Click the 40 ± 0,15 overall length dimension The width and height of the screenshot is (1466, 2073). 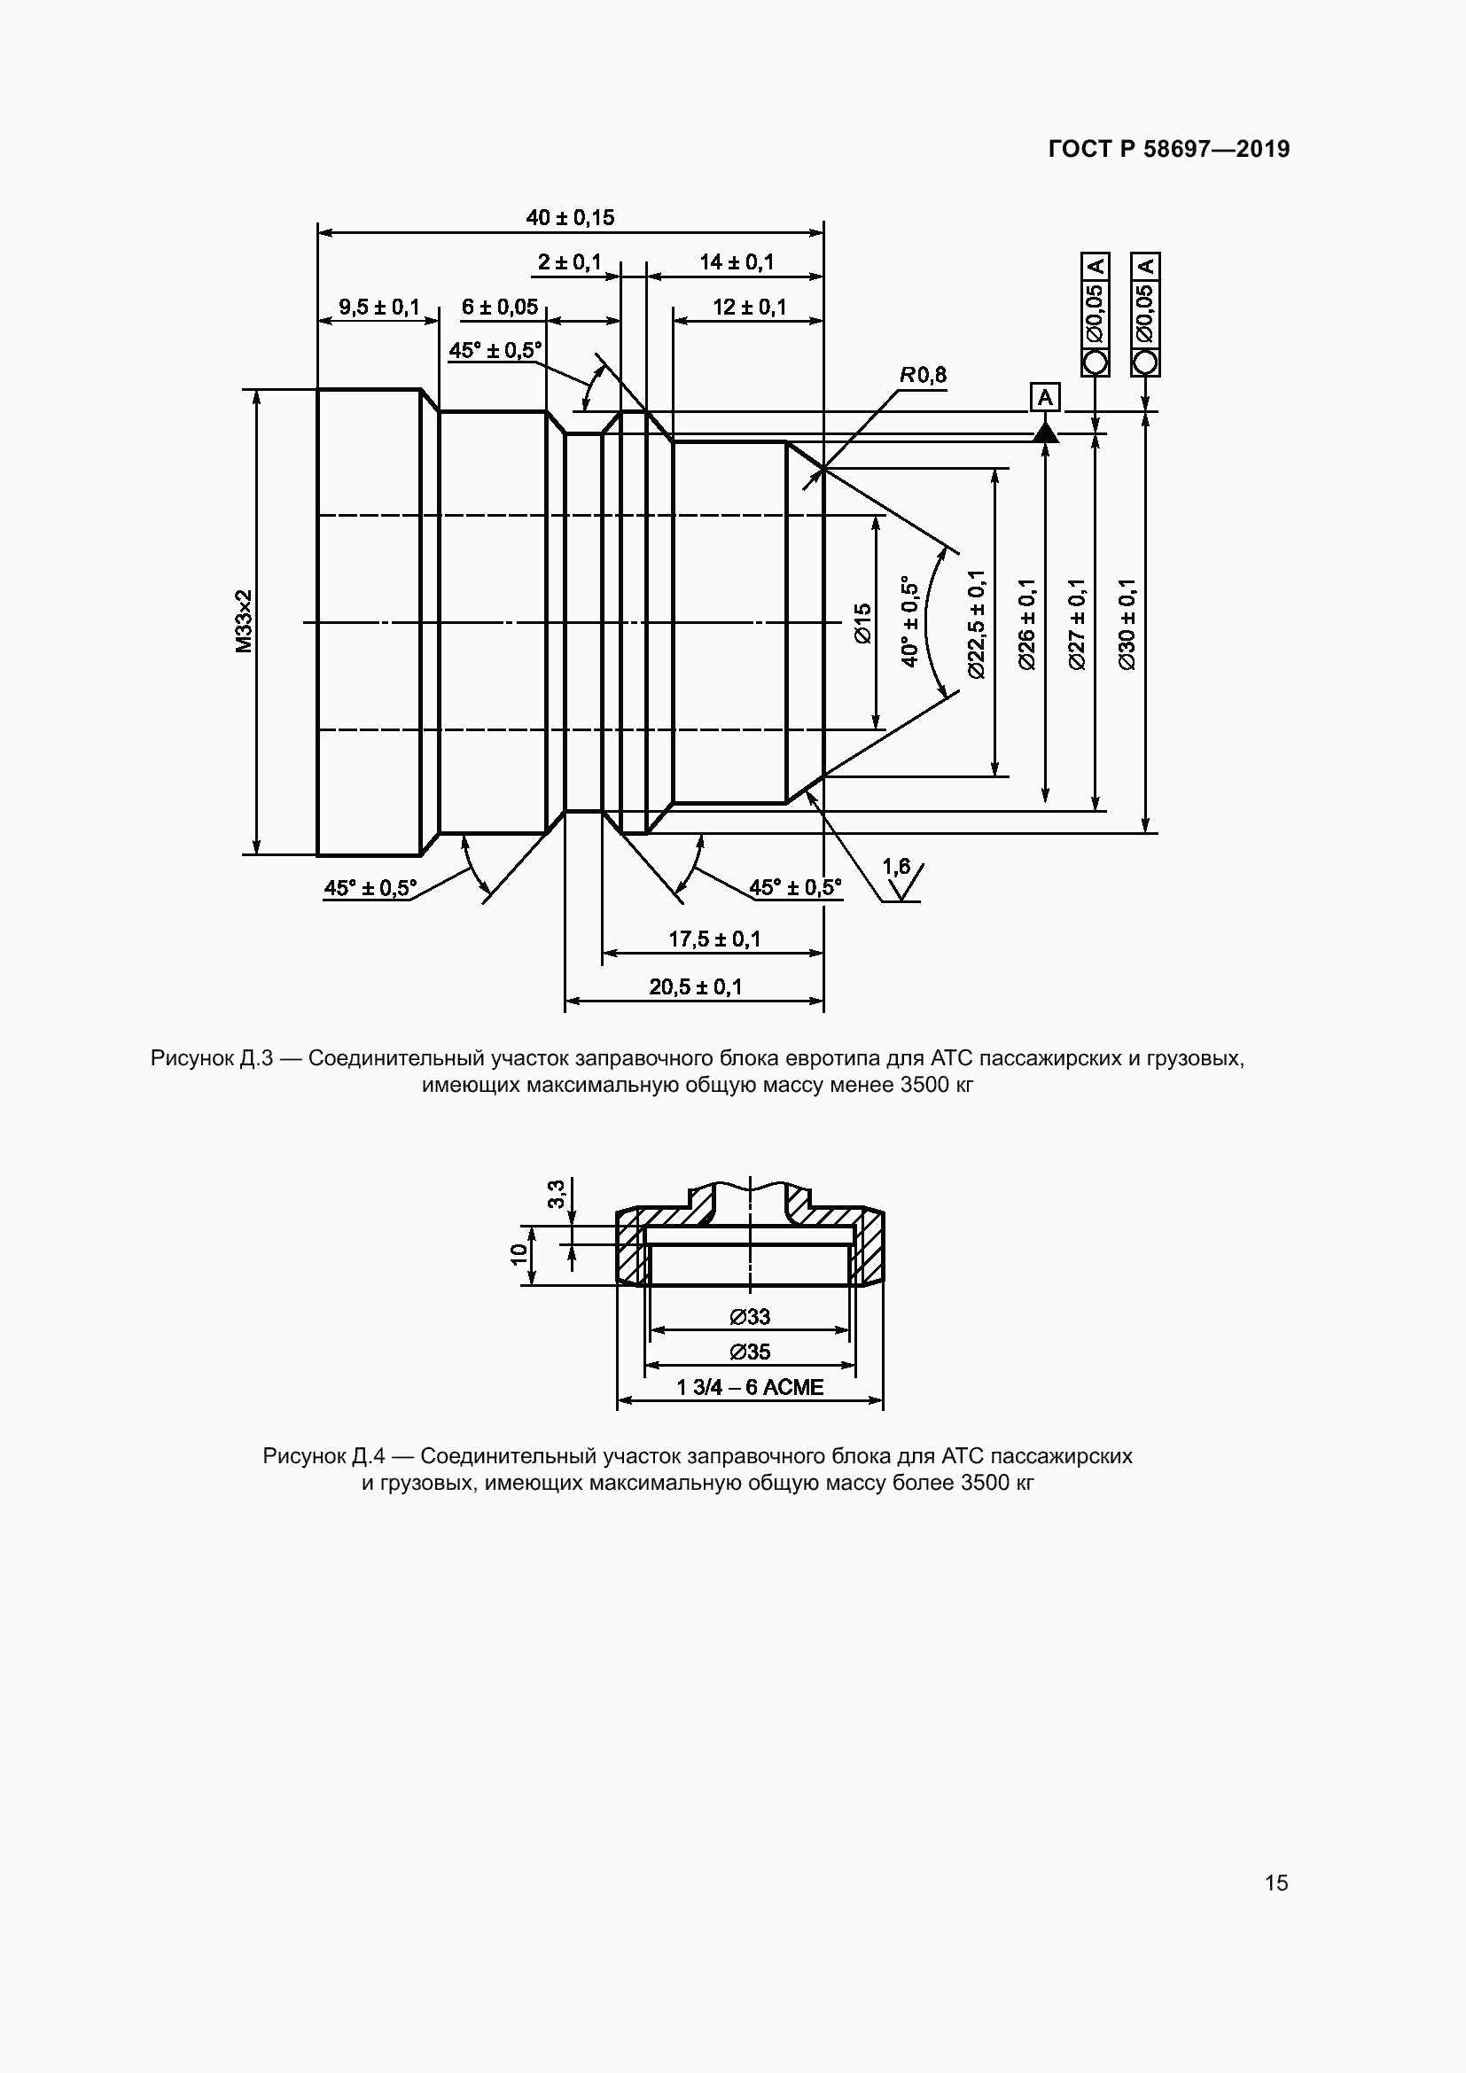click(570, 218)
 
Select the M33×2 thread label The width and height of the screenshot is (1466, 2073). click(244, 621)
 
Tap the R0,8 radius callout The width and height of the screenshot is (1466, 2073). click(923, 375)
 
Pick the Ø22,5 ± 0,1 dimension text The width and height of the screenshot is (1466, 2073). click(976, 623)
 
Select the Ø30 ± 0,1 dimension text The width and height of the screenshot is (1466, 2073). click(1127, 623)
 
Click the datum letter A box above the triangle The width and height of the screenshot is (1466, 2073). click(1044, 397)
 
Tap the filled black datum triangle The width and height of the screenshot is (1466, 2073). click(1045, 433)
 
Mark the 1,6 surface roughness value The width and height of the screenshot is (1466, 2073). click(896, 868)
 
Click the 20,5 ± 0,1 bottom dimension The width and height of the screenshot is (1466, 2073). click(695, 986)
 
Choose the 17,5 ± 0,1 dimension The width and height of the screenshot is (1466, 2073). click(714, 939)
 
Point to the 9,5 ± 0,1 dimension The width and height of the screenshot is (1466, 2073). click(379, 307)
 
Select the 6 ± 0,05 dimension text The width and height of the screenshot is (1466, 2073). click(499, 307)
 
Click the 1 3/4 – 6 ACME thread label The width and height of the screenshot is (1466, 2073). click(749, 1387)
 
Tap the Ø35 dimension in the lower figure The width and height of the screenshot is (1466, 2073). click(750, 1352)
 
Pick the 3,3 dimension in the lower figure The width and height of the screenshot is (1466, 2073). click(556, 1194)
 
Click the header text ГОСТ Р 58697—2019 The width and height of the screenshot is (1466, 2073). click(1169, 149)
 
